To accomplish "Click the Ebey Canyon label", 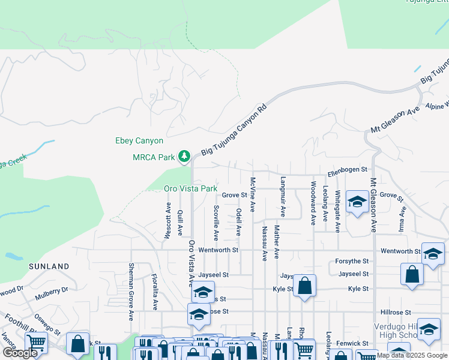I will coord(139,141).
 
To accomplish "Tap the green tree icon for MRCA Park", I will coord(184,157).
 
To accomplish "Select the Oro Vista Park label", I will coord(190,188).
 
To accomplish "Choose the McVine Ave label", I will coord(253,194).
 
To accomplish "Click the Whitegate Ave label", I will coord(338,211).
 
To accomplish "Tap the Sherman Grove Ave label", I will coord(130,291).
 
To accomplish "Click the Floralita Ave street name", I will coord(154,292).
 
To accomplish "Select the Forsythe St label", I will coord(353,261).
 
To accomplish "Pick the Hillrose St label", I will coord(396,313).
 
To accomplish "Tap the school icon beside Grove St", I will coord(357,202).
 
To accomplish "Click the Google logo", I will coord(20,353).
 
